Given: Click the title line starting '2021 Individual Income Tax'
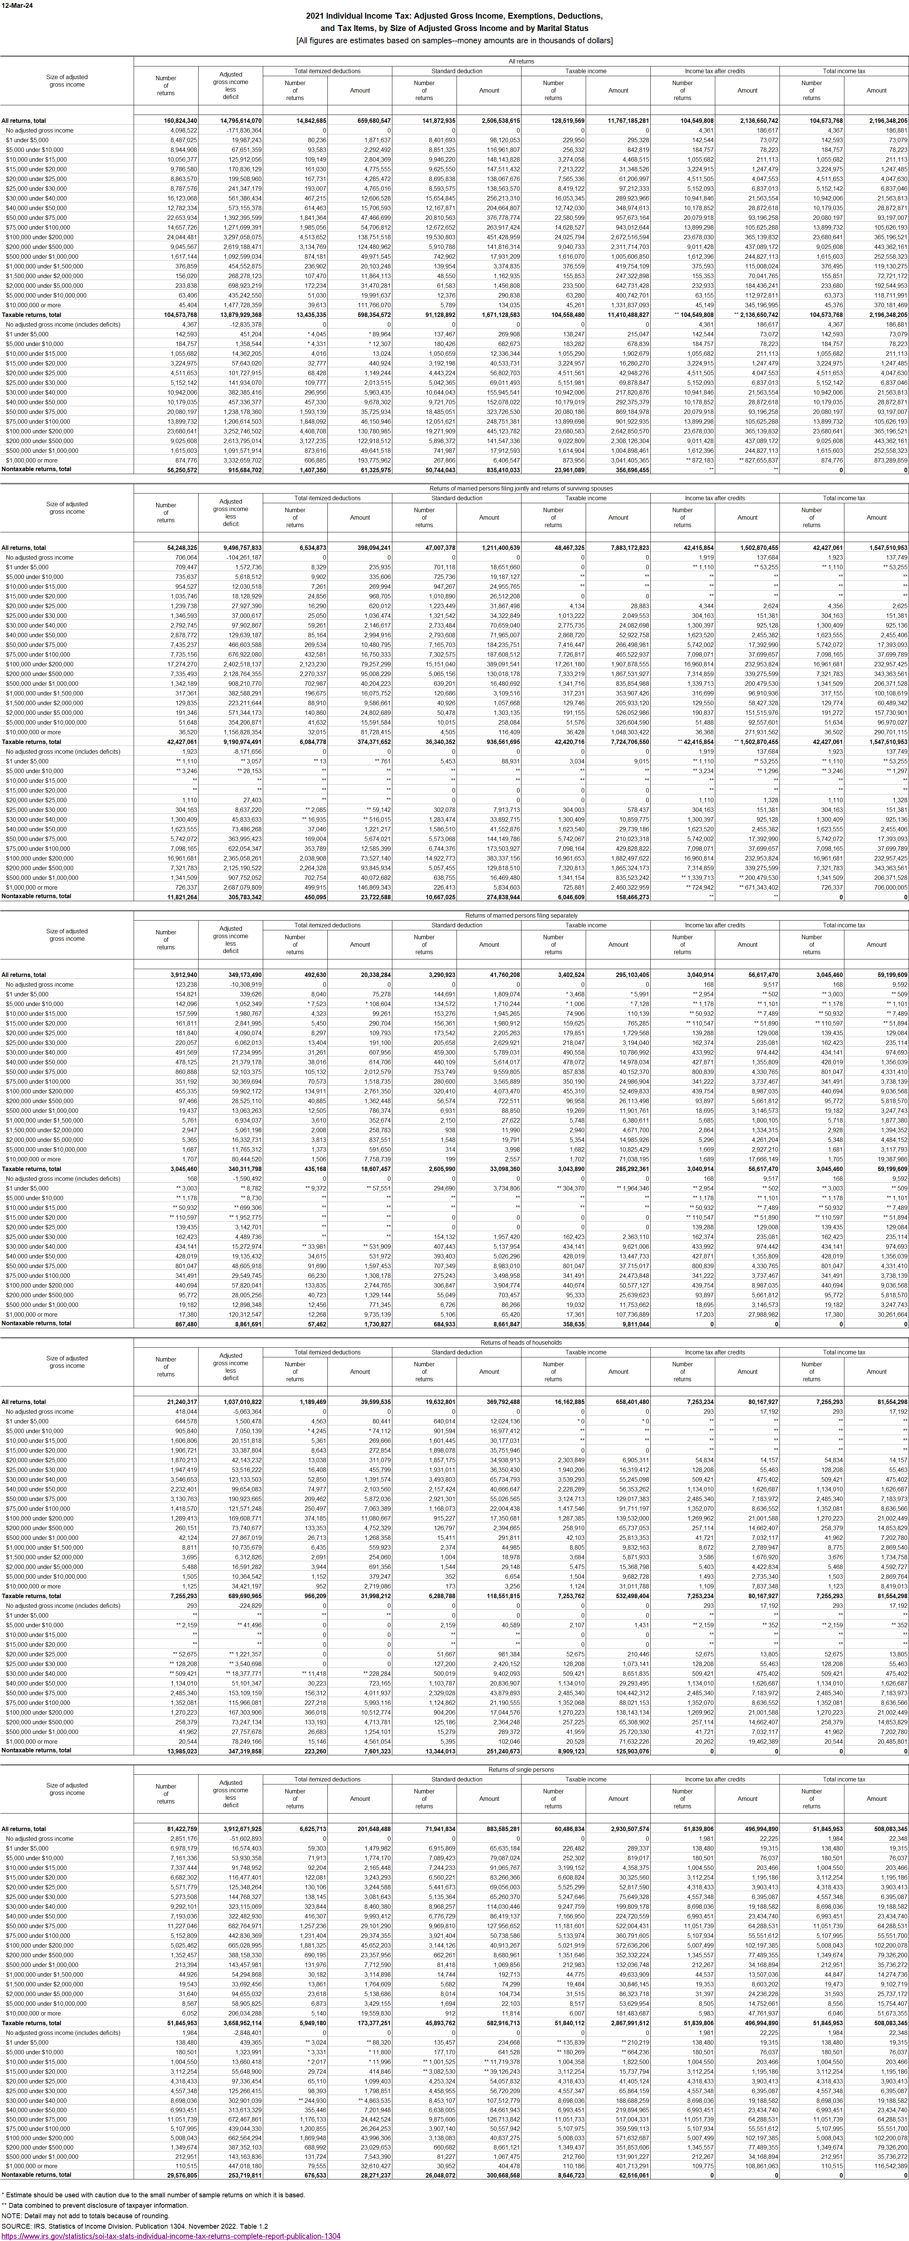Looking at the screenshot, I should tap(454, 16).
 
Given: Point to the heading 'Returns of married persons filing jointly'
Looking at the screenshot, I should tap(521, 489).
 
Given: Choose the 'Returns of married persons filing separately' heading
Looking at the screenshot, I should tap(521, 916).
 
